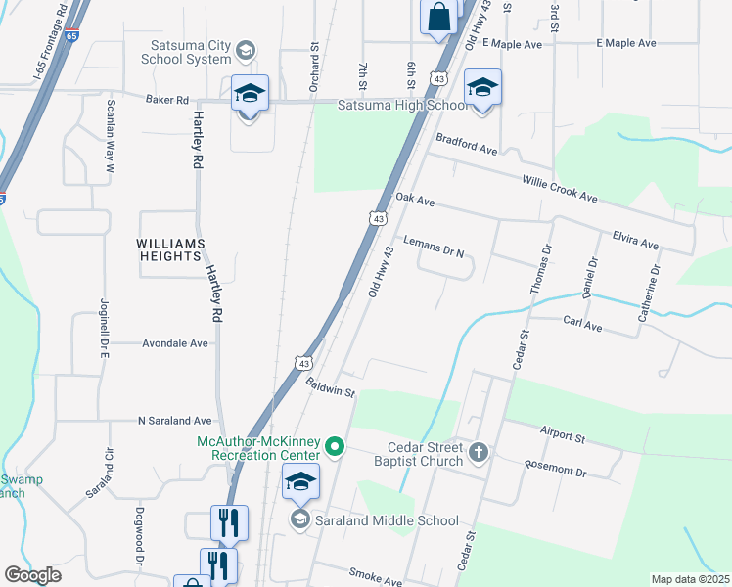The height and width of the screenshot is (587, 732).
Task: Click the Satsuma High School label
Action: (403, 106)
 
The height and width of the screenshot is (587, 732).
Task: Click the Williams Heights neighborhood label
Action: (171, 250)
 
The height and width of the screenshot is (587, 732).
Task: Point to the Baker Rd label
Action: (166, 100)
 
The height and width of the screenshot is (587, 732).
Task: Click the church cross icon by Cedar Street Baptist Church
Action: (478, 451)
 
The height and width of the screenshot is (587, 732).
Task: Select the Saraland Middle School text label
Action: (387, 520)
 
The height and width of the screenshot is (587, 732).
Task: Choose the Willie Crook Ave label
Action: (559, 190)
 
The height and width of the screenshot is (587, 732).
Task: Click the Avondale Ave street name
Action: (175, 343)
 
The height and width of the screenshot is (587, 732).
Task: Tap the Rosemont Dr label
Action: (555, 471)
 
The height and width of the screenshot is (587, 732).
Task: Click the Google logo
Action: (32, 575)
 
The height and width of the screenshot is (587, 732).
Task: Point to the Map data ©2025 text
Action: (690, 579)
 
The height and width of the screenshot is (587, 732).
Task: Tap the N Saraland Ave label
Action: (174, 421)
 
